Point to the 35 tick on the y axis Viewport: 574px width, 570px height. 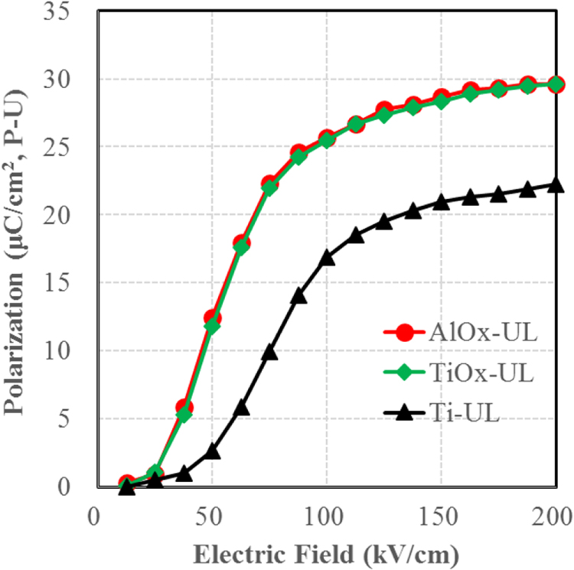pos(66,12)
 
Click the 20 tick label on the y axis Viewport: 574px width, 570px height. pos(66,215)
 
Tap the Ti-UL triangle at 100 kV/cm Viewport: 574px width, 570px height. pos(327,258)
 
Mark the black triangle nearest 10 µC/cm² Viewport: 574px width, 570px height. pos(269,352)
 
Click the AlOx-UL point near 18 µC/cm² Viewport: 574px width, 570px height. pos(242,244)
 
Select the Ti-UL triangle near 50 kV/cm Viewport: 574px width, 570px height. pos(213,451)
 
